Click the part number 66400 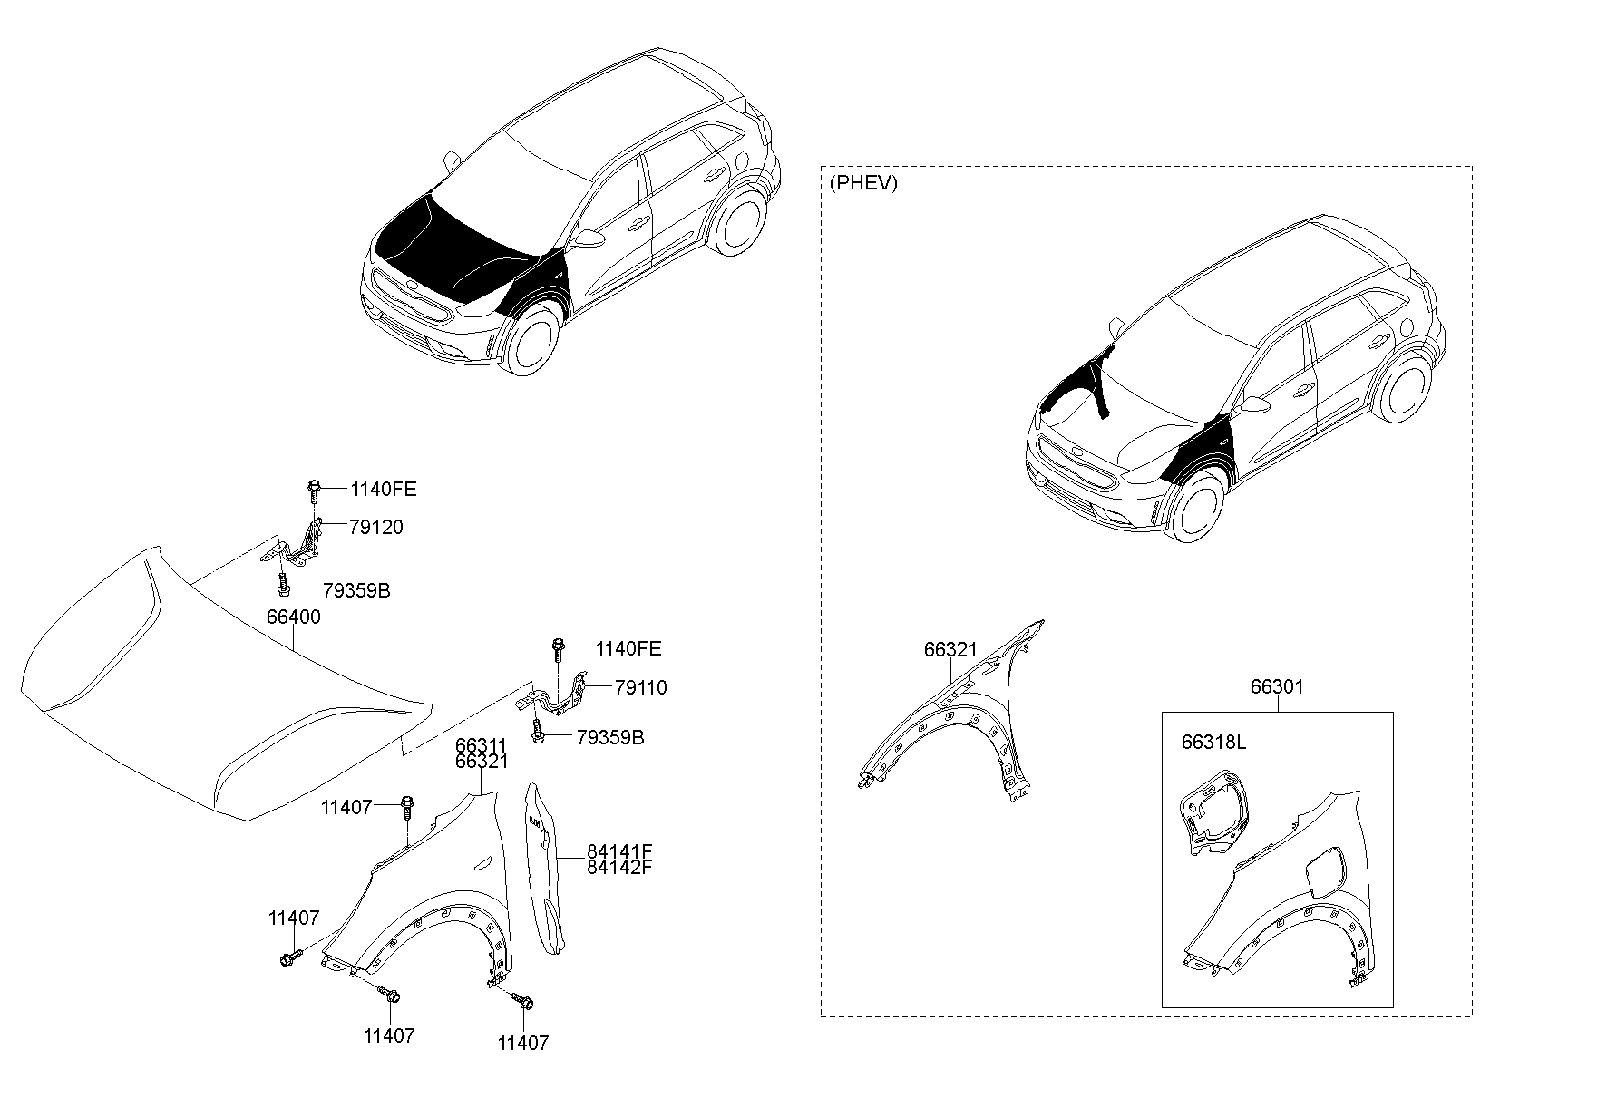(293, 617)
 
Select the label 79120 (375, 528)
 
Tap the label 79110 (640, 688)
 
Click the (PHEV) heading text (863, 183)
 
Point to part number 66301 (1277, 687)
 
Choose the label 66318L (1213, 743)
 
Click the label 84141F (619, 851)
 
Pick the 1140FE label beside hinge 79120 (384, 490)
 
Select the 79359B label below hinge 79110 (610, 737)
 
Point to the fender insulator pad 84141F (548, 868)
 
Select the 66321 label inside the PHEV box (950, 649)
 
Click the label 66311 (481, 746)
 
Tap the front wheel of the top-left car (532, 339)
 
